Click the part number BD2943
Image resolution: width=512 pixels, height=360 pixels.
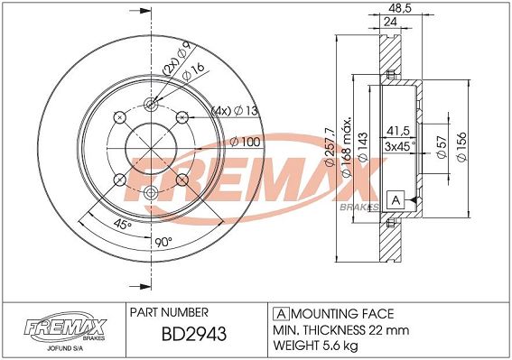point(194,334)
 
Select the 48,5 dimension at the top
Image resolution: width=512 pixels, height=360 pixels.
point(400,8)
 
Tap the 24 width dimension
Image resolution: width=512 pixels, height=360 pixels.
point(390,22)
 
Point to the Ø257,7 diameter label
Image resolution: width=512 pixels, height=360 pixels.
point(330,147)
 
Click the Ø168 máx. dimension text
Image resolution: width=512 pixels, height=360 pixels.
point(346,147)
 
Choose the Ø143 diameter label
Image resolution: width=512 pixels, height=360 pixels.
point(363,147)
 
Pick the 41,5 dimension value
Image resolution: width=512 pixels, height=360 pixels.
point(397,131)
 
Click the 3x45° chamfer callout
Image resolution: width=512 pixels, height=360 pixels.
point(400,146)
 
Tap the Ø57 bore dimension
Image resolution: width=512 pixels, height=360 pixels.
point(442,147)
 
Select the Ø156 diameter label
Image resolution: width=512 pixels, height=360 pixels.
point(462,147)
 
